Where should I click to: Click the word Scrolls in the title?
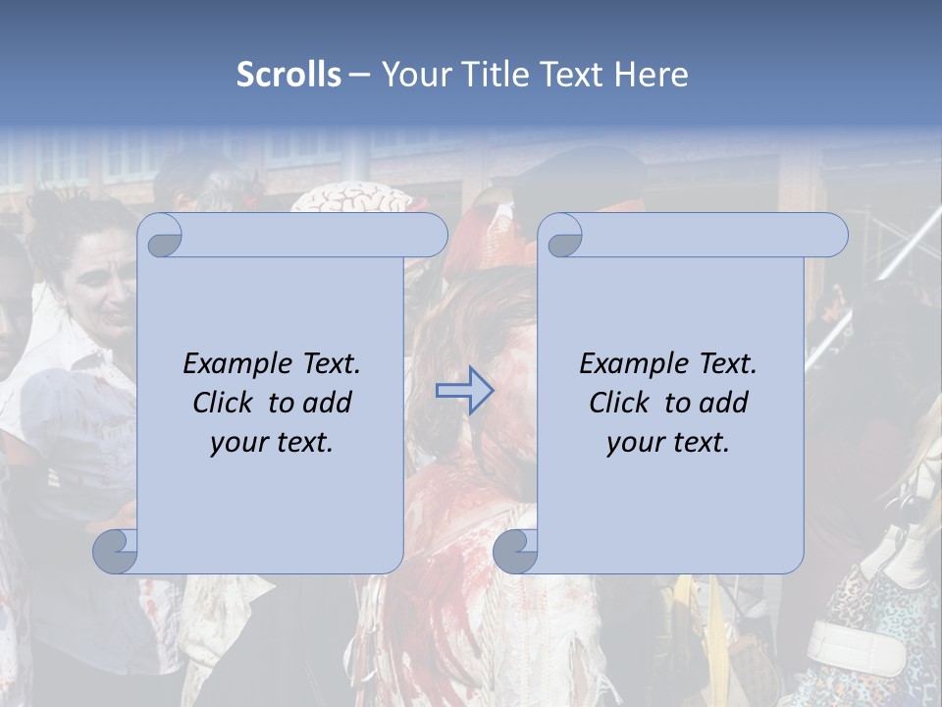(x=288, y=75)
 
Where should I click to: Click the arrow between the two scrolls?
(x=464, y=391)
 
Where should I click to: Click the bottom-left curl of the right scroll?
(x=515, y=550)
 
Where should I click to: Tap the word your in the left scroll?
(x=236, y=443)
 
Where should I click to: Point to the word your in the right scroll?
(x=633, y=443)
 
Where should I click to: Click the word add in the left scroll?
(x=329, y=403)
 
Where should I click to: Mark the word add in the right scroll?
(x=725, y=403)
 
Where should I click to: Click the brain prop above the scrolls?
(x=351, y=200)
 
